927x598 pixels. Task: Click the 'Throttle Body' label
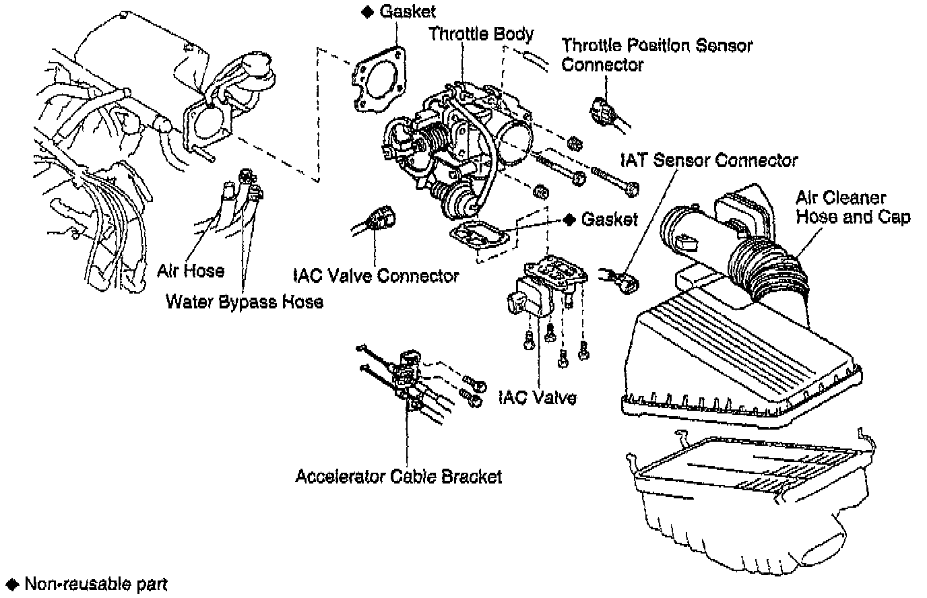pyautogui.click(x=481, y=34)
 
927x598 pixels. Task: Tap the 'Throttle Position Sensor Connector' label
pyautogui.click(x=656, y=55)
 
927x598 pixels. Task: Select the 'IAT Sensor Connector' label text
pyautogui.click(x=707, y=160)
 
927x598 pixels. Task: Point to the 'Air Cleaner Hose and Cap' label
pyautogui.click(x=852, y=207)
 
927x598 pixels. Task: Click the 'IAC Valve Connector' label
pyautogui.click(x=376, y=275)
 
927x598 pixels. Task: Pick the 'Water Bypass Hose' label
pyautogui.click(x=244, y=302)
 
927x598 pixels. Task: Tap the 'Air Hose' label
pyautogui.click(x=191, y=271)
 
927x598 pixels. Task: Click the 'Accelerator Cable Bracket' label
pyautogui.click(x=398, y=476)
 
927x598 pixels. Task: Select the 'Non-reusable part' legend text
pyautogui.click(x=96, y=584)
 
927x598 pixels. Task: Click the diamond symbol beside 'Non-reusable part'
pyautogui.click(x=12, y=584)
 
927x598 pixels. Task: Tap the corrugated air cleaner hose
pyautogui.click(x=768, y=273)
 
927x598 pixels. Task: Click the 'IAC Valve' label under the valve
pyautogui.click(x=537, y=397)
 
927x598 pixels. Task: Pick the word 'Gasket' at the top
pyautogui.click(x=407, y=11)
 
